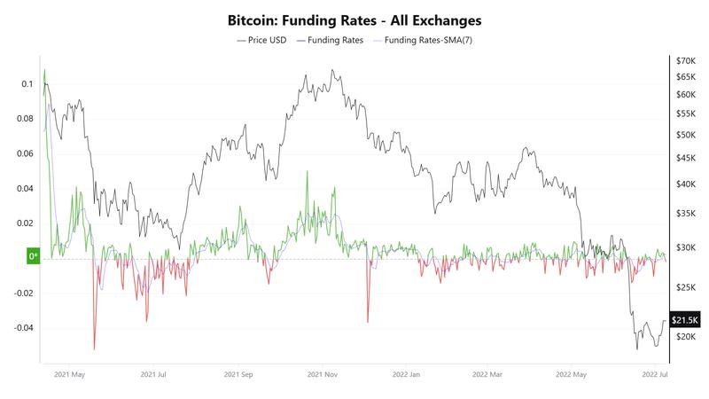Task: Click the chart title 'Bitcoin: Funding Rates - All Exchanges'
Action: (354, 20)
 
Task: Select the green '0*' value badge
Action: (34, 257)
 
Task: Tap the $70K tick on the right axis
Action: (686, 61)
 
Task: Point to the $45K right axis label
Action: (686, 158)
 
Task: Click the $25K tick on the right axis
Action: (686, 287)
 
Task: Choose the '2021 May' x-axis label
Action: (70, 375)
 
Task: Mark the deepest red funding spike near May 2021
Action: (94, 349)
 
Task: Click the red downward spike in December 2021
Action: (365, 321)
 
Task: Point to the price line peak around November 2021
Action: (331, 70)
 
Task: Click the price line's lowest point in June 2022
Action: (637, 348)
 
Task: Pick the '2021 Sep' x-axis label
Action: (240, 375)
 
